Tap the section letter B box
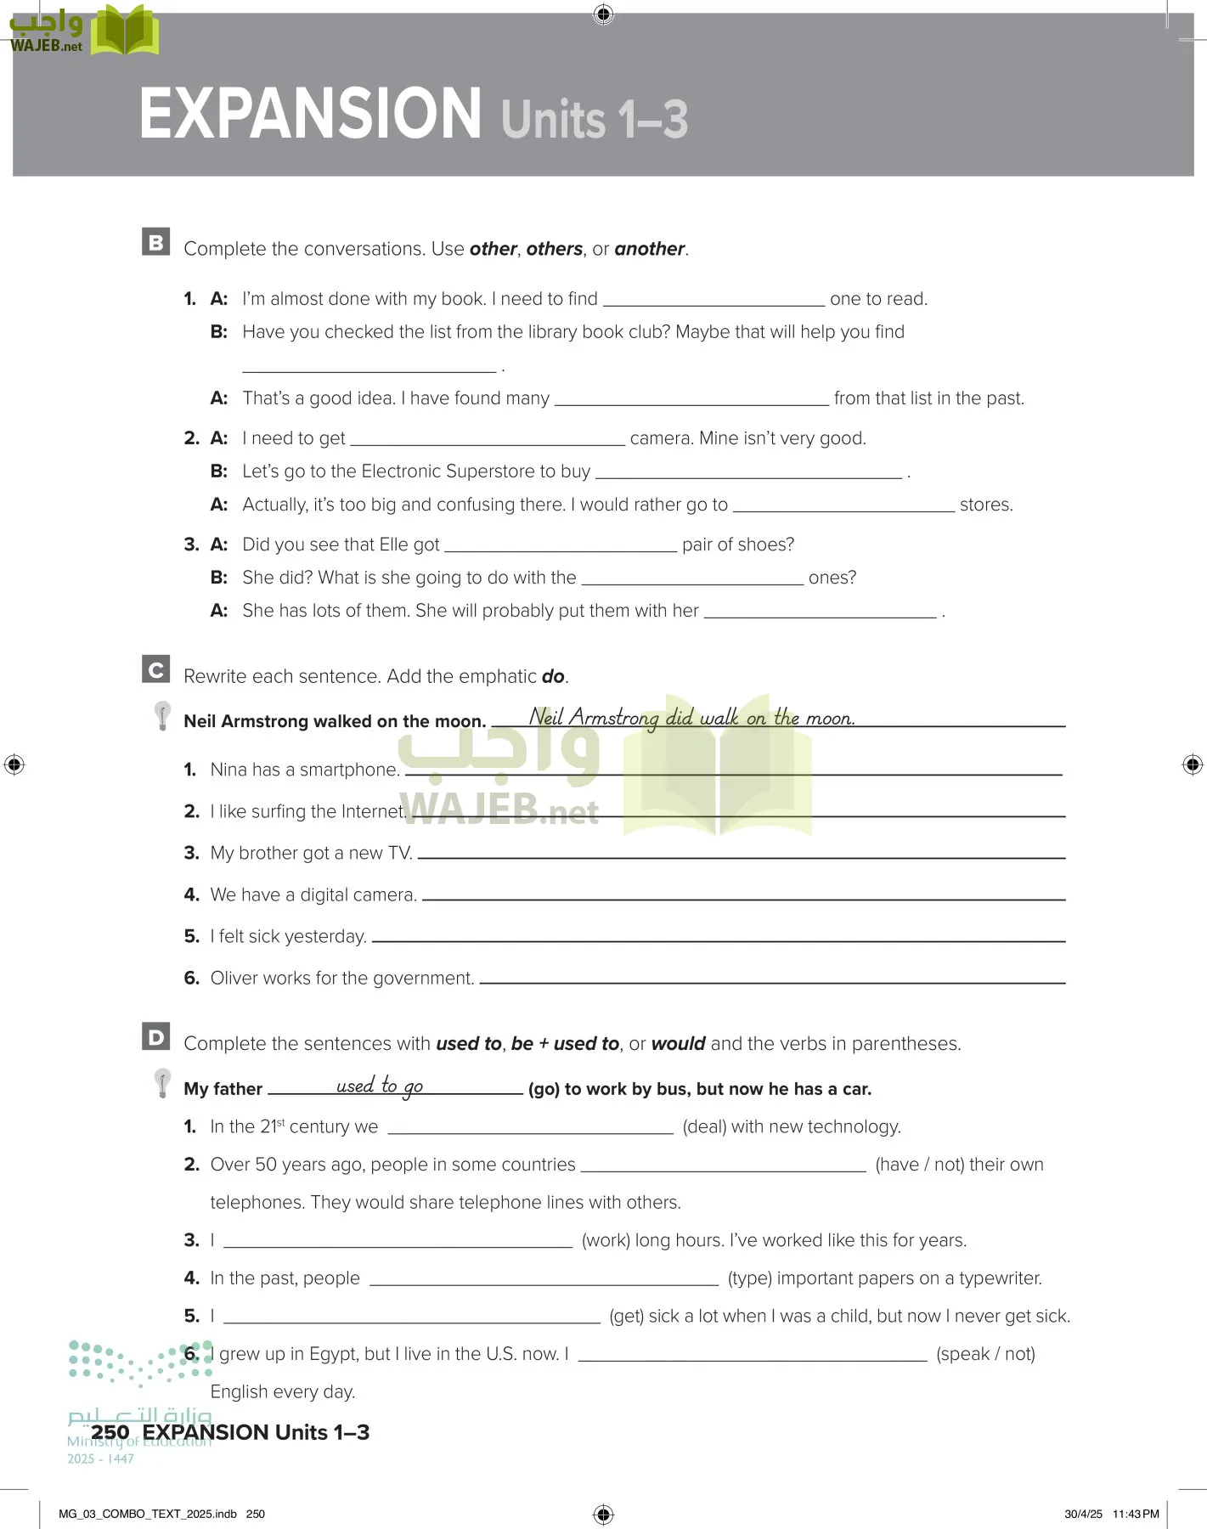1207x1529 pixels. [x=156, y=242]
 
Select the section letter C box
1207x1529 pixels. [x=156, y=669]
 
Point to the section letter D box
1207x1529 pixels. [x=156, y=1036]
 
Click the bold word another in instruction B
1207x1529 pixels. [x=649, y=249]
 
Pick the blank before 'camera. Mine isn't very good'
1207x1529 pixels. [x=488, y=439]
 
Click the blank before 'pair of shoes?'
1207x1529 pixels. [x=561, y=545]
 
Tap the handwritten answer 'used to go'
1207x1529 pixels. [x=380, y=1086]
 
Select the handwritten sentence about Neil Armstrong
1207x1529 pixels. [x=691, y=718]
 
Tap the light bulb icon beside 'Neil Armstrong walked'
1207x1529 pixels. [x=162, y=716]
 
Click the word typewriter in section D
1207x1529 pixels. [x=997, y=1278]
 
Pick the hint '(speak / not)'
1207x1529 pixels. [x=985, y=1354]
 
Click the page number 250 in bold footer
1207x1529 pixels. [x=110, y=1432]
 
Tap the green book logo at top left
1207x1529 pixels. [x=125, y=31]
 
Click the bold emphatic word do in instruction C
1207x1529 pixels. [x=553, y=676]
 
